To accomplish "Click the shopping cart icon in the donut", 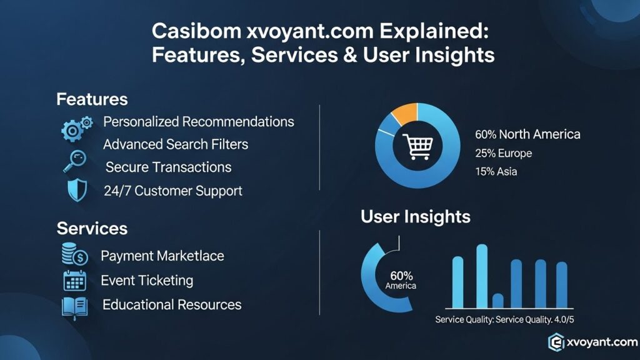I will (x=416, y=146).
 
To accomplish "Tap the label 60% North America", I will (x=527, y=134).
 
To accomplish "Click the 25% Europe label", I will (x=504, y=153).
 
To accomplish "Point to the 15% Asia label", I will (x=496, y=171).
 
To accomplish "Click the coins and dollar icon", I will (x=74, y=255).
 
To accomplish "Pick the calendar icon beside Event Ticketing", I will (x=74, y=281).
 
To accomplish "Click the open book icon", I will (x=74, y=306).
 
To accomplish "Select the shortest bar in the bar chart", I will (x=498, y=301).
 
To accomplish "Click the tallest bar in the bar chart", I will (x=482, y=276).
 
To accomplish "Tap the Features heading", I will (x=92, y=99).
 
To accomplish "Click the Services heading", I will (x=92, y=228).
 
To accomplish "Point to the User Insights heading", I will (x=415, y=217).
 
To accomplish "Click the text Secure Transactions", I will (x=168, y=167).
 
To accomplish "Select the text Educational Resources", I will (x=172, y=305).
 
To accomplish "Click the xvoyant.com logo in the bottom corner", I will (x=592, y=341).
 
